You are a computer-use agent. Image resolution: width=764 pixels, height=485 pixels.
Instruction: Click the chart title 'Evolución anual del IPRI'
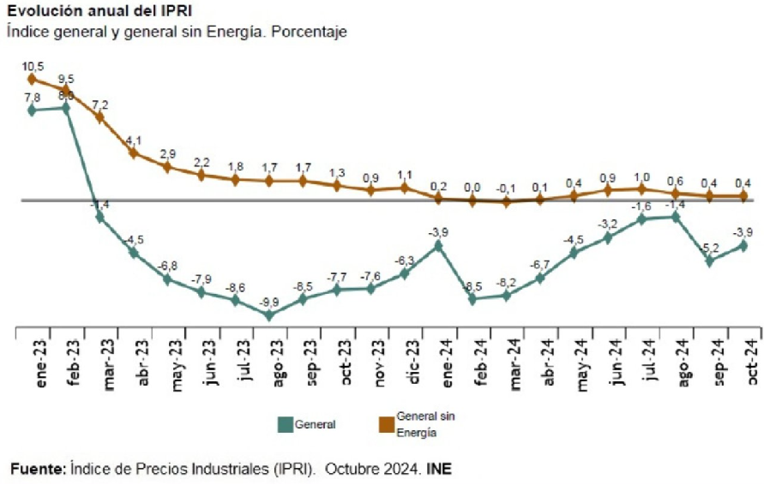click(x=99, y=12)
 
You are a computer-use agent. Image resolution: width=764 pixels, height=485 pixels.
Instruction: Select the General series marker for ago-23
click(x=269, y=314)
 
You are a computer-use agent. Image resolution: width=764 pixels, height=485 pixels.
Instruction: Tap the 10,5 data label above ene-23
click(x=33, y=65)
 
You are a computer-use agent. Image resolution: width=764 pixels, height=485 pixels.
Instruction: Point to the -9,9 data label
click(x=269, y=301)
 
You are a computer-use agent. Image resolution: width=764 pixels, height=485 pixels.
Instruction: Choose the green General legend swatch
click(x=286, y=424)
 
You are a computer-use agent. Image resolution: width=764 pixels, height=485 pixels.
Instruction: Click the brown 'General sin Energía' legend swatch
click(x=386, y=424)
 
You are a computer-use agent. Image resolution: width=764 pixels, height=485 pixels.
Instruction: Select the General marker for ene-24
click(x=438, y=245)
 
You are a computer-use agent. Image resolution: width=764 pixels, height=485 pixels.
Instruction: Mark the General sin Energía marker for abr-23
click(x=134, y=153)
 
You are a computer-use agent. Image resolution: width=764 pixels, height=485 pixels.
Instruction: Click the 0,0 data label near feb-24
click(x=472, y=187)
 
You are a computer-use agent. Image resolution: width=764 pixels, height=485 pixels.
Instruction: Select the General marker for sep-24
click(x=711, y=261)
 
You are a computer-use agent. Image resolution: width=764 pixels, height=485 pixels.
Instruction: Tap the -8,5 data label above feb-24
click(x=472, y=285)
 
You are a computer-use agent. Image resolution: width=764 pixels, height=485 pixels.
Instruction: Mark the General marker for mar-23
click(x=100, y=217)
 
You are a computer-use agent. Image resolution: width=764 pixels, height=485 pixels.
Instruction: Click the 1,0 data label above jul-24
click(x=641, y=177)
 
